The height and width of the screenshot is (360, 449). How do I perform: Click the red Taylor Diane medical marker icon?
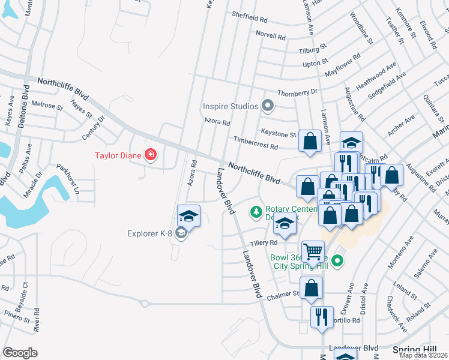(150, 156)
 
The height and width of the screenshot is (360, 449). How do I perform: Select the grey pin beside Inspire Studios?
(268, 107)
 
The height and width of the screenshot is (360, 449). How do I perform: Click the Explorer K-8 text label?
(150, 233)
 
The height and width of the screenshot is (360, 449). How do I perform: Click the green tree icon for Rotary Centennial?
(256, 212)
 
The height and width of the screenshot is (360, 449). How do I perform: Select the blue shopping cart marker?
(313, 253)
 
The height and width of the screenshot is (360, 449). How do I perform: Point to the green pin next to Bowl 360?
(337, 260)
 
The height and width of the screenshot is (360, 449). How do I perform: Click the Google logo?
(20, 352)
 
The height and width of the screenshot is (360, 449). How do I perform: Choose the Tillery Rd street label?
(264, 242)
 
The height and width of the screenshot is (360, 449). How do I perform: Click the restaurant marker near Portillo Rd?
(322, 317)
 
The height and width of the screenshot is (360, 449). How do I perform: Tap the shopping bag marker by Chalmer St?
(312, 289)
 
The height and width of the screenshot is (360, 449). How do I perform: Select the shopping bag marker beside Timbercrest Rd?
(310, 142)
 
